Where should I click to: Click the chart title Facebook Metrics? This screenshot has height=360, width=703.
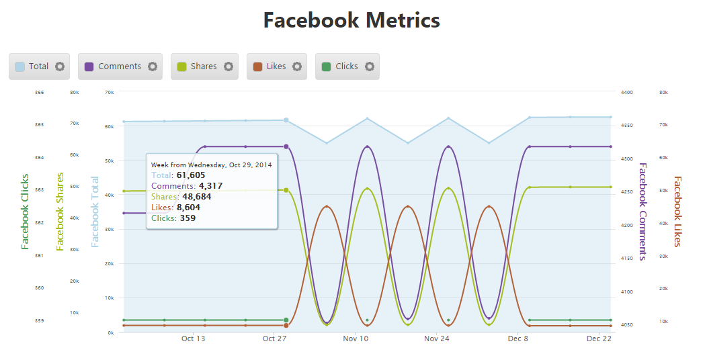point(351,21)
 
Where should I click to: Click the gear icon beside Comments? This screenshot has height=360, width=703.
point(153,66)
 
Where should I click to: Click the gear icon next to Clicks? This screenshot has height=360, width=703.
point(369,66)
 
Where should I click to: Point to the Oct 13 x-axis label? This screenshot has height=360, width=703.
point(194,339)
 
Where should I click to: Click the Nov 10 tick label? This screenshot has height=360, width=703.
point(356,339)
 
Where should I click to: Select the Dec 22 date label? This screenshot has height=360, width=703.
point(598,339)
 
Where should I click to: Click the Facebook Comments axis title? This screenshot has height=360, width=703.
point(643,211)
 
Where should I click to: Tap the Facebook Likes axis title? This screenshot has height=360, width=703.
point(677,211)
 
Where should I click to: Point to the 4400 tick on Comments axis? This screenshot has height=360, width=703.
point(626,92)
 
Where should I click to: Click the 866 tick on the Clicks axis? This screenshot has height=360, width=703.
point(40,92)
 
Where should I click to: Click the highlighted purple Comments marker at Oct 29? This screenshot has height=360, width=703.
point(286,146)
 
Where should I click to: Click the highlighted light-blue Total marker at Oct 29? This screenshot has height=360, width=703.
point(286,120)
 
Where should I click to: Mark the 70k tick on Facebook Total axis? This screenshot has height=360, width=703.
point(110,92)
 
